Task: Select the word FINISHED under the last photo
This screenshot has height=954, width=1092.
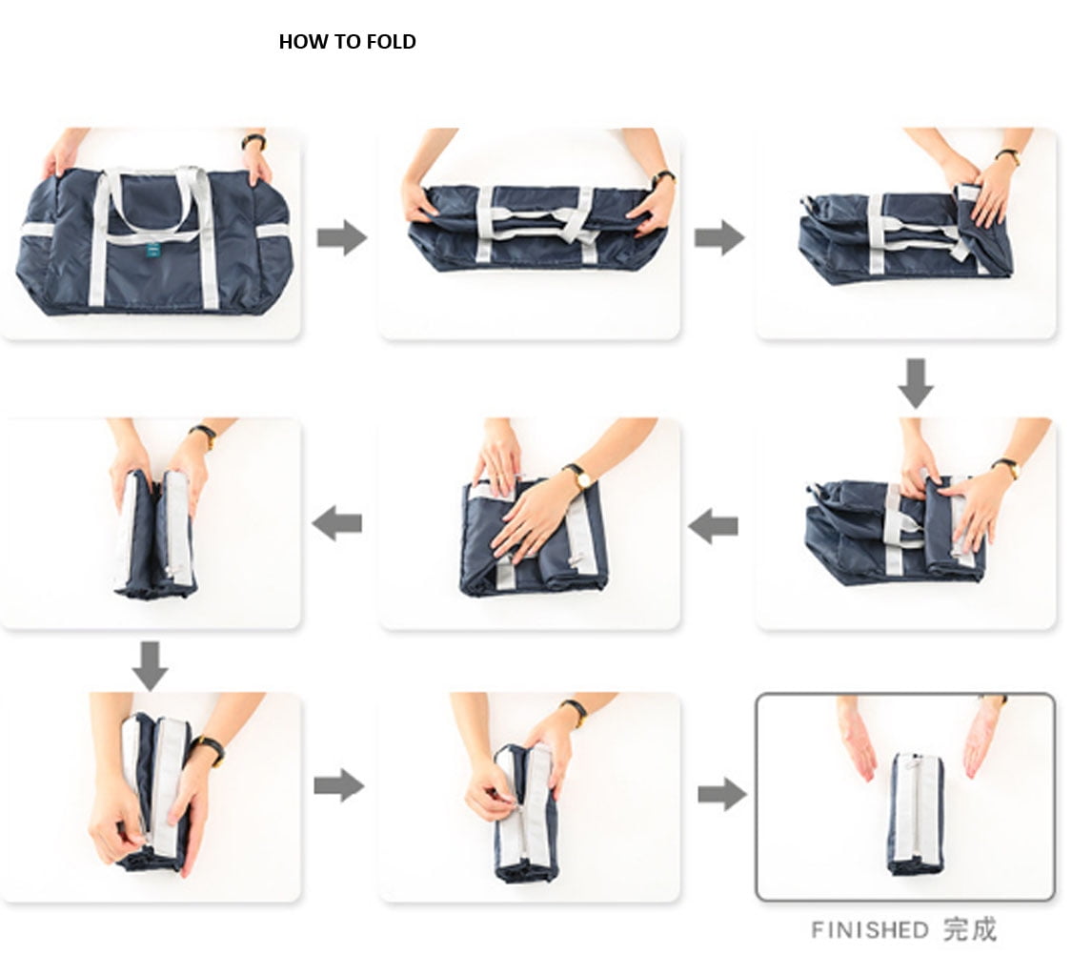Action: (870, 930)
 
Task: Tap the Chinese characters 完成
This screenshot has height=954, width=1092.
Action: (970, 929)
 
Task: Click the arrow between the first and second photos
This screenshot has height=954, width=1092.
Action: (342, 237)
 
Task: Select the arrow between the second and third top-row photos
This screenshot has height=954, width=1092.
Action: (719, 237)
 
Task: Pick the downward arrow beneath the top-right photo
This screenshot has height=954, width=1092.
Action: (916, 384)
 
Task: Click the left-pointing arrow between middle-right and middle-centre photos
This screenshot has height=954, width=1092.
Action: (713, 526)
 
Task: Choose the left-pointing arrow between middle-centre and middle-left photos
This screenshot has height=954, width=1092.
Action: (337, 523)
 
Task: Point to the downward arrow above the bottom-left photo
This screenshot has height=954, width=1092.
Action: (151, 666)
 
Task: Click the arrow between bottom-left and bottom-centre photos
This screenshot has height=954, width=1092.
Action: (339, 786)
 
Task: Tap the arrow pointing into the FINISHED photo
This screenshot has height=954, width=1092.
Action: (723, 795)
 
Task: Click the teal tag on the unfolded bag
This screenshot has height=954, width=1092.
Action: (153, 250)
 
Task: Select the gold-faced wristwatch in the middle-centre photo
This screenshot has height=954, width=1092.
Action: (579, 477)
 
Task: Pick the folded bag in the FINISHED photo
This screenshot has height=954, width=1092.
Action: (916, 813)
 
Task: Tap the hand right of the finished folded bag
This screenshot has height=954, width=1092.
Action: (984, 738)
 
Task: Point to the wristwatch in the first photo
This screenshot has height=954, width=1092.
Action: (253, 141)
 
